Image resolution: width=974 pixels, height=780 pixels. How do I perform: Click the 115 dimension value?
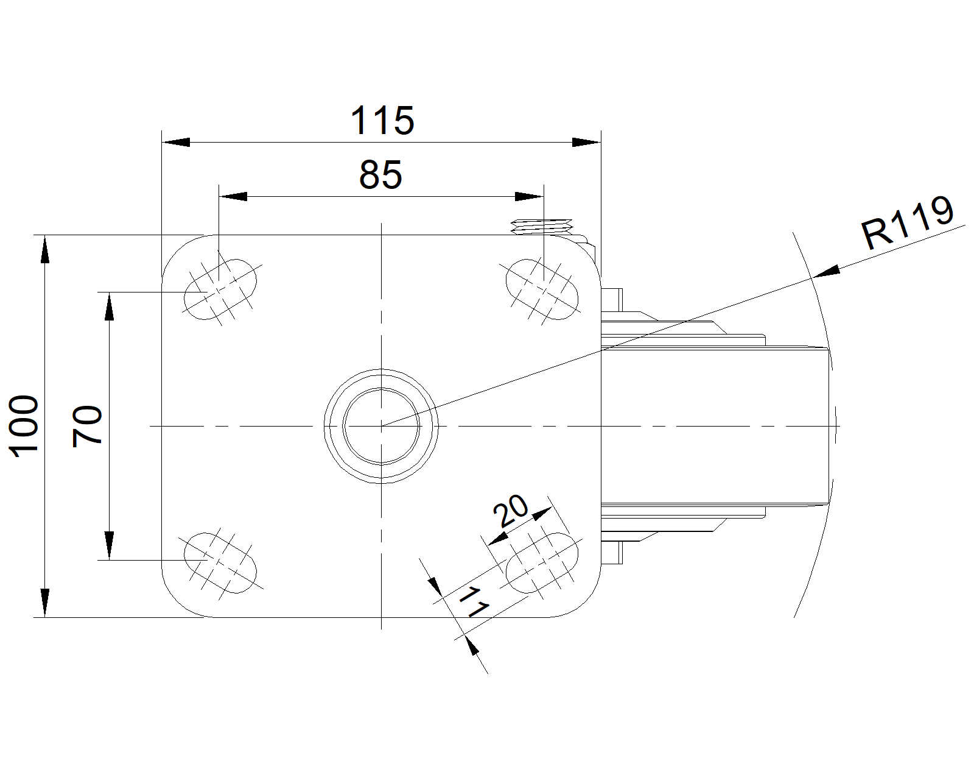[382, 121]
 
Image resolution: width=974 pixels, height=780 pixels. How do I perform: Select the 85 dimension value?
[380, 175]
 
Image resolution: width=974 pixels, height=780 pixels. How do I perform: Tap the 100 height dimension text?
[24, 427]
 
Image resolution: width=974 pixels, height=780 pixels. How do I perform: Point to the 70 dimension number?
[87, 427]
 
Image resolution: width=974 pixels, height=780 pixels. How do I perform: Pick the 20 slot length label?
[511, 511]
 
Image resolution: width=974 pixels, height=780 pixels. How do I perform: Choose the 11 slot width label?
[474, 602]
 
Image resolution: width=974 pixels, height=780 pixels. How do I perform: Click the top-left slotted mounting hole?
[220, 289]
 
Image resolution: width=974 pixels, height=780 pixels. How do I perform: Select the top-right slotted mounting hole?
[542, 289]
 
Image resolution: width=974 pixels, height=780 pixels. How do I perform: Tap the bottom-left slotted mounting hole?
[220, 563]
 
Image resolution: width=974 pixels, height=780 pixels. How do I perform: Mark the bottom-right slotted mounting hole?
[542, 563]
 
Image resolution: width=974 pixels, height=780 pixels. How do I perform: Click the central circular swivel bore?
[381, 426]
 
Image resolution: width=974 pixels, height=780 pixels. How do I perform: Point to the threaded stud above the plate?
[542, 227]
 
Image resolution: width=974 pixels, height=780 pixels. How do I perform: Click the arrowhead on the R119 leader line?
[826, 272]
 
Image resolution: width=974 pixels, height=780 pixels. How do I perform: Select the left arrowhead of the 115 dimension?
[176, 143]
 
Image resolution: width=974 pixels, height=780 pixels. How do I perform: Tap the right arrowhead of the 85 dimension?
[529, 197]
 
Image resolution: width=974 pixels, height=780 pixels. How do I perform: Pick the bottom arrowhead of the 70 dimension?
[109, 545]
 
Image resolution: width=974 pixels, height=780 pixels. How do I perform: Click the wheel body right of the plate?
[715, 426]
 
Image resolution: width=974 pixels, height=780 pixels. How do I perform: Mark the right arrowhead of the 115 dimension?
[587, 143]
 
